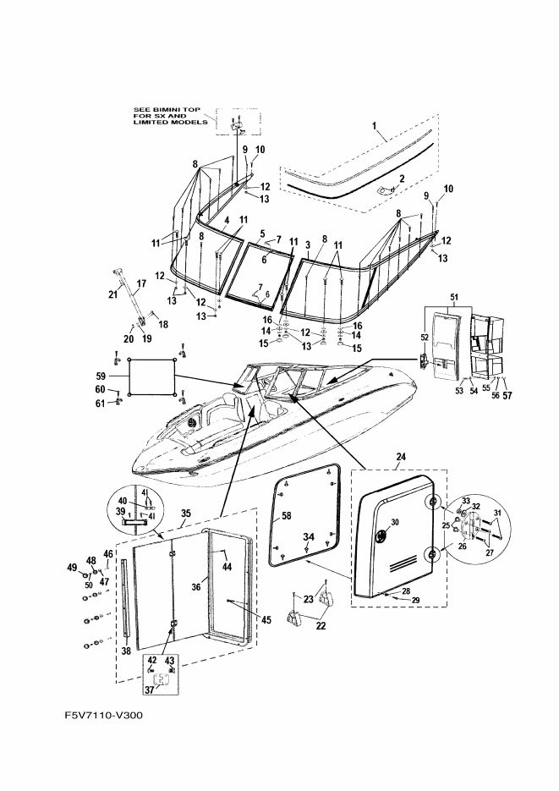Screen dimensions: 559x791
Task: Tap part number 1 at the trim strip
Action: [375, 125]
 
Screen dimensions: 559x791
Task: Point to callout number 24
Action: [401, 458]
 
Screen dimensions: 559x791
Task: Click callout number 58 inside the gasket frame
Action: [287, 516]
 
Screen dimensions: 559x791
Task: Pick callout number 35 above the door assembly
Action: [186, 514]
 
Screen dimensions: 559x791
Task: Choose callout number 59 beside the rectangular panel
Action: [101, 376]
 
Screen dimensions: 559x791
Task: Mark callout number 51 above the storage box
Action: [454, 298]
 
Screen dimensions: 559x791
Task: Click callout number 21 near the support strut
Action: [113, 294]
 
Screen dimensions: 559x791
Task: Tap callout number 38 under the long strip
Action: [126, 651]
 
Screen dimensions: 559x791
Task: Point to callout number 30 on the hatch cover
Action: [395, 522]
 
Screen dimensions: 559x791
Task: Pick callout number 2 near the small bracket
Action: [402, 179]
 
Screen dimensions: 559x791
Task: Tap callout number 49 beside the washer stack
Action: [72, 567]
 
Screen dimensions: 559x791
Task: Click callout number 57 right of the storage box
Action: [507, 396]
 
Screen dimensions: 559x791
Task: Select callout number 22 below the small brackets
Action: [321, 626]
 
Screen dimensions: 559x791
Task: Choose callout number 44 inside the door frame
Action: [227, 567]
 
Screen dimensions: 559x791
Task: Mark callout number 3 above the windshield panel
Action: [309, 244]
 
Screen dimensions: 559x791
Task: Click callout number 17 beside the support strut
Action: [141, 283]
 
